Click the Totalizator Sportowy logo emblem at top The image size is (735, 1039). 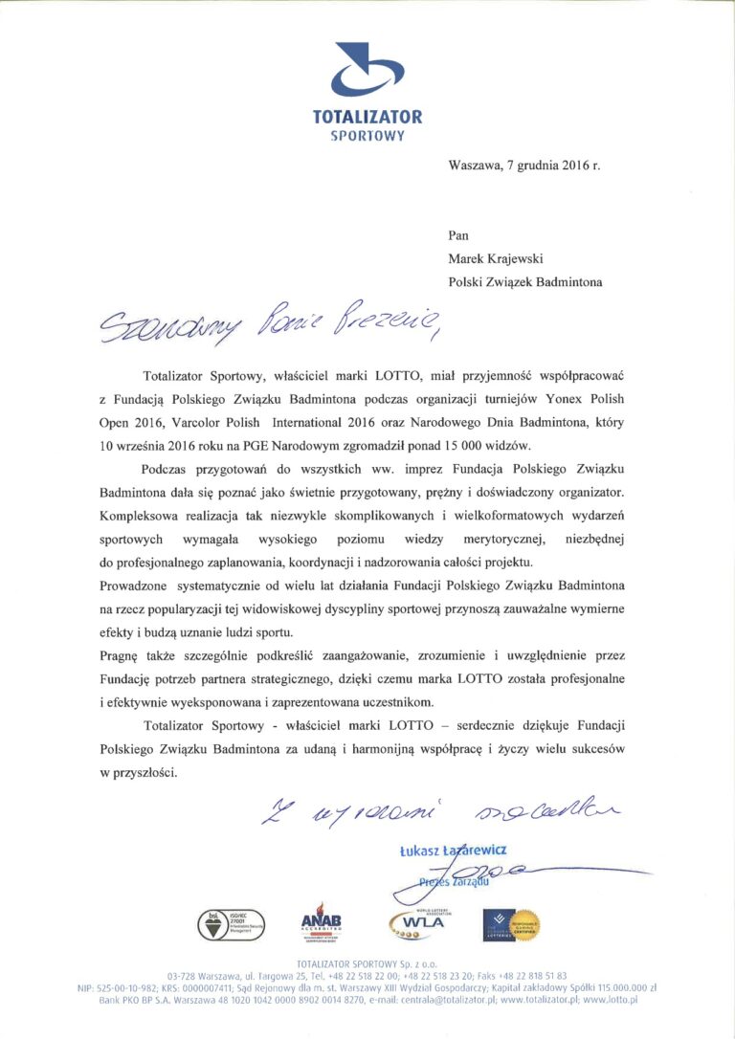[x=367, y=73]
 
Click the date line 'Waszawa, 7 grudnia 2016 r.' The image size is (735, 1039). [x=524, y=165]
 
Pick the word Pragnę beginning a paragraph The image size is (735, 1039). [x=120, y=656]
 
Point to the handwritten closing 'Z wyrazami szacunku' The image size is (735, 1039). [x=440, y=814]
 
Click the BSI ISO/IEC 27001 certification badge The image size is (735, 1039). [x=231, y=924]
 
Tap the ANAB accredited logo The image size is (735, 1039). [x=321, y=922]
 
